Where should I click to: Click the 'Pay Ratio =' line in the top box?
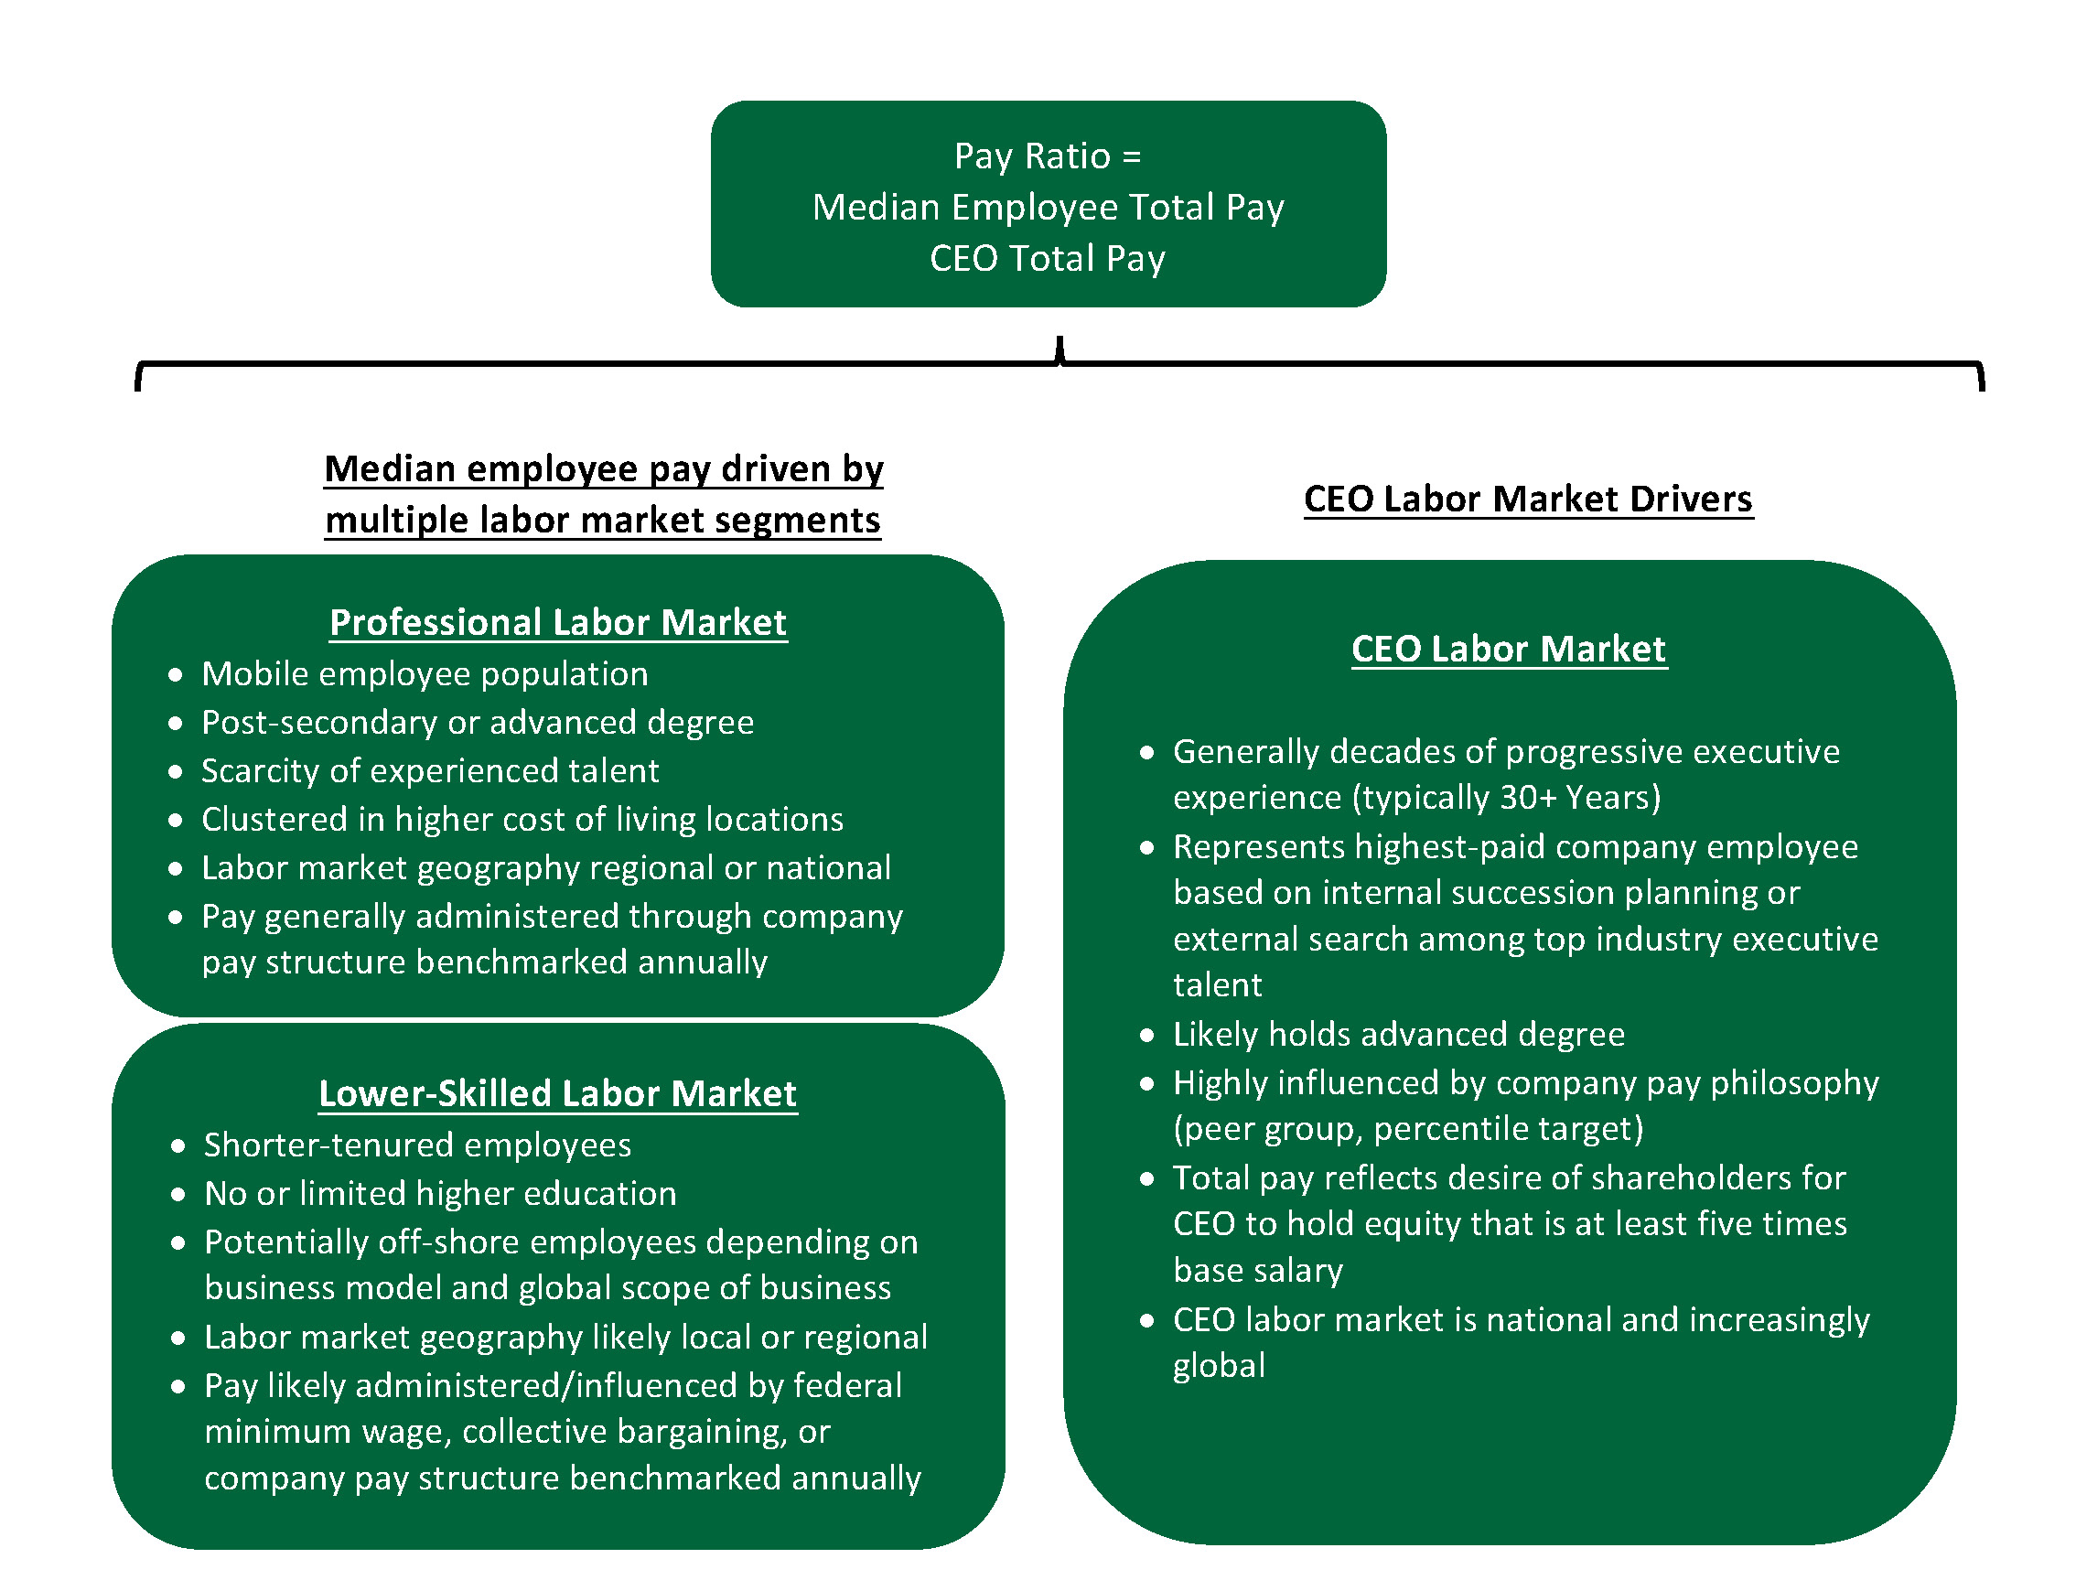1048,156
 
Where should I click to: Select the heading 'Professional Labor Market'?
558,623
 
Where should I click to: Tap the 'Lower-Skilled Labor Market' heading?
558,1094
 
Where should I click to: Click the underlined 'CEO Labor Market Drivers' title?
1528,500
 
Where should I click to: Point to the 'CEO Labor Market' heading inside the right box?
1508,650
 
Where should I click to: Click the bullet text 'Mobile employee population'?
425,674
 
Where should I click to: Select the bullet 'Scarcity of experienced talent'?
430,771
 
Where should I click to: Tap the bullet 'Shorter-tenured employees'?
417,1145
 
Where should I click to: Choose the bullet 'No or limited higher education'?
440,1193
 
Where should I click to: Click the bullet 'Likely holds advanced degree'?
1399,1034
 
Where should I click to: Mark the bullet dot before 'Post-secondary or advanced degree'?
175,724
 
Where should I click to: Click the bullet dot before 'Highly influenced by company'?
1147,1083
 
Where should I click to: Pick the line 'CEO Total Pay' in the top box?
1048,259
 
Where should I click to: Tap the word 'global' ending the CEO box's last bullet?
1219,1366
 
